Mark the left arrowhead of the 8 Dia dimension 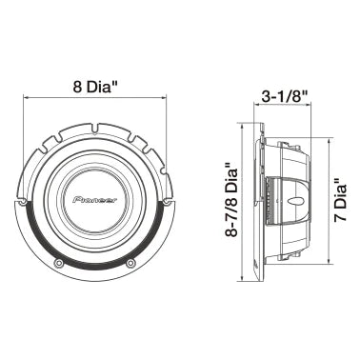(27, 96)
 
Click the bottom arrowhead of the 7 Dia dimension (328, 260)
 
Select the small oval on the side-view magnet (299, 201)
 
